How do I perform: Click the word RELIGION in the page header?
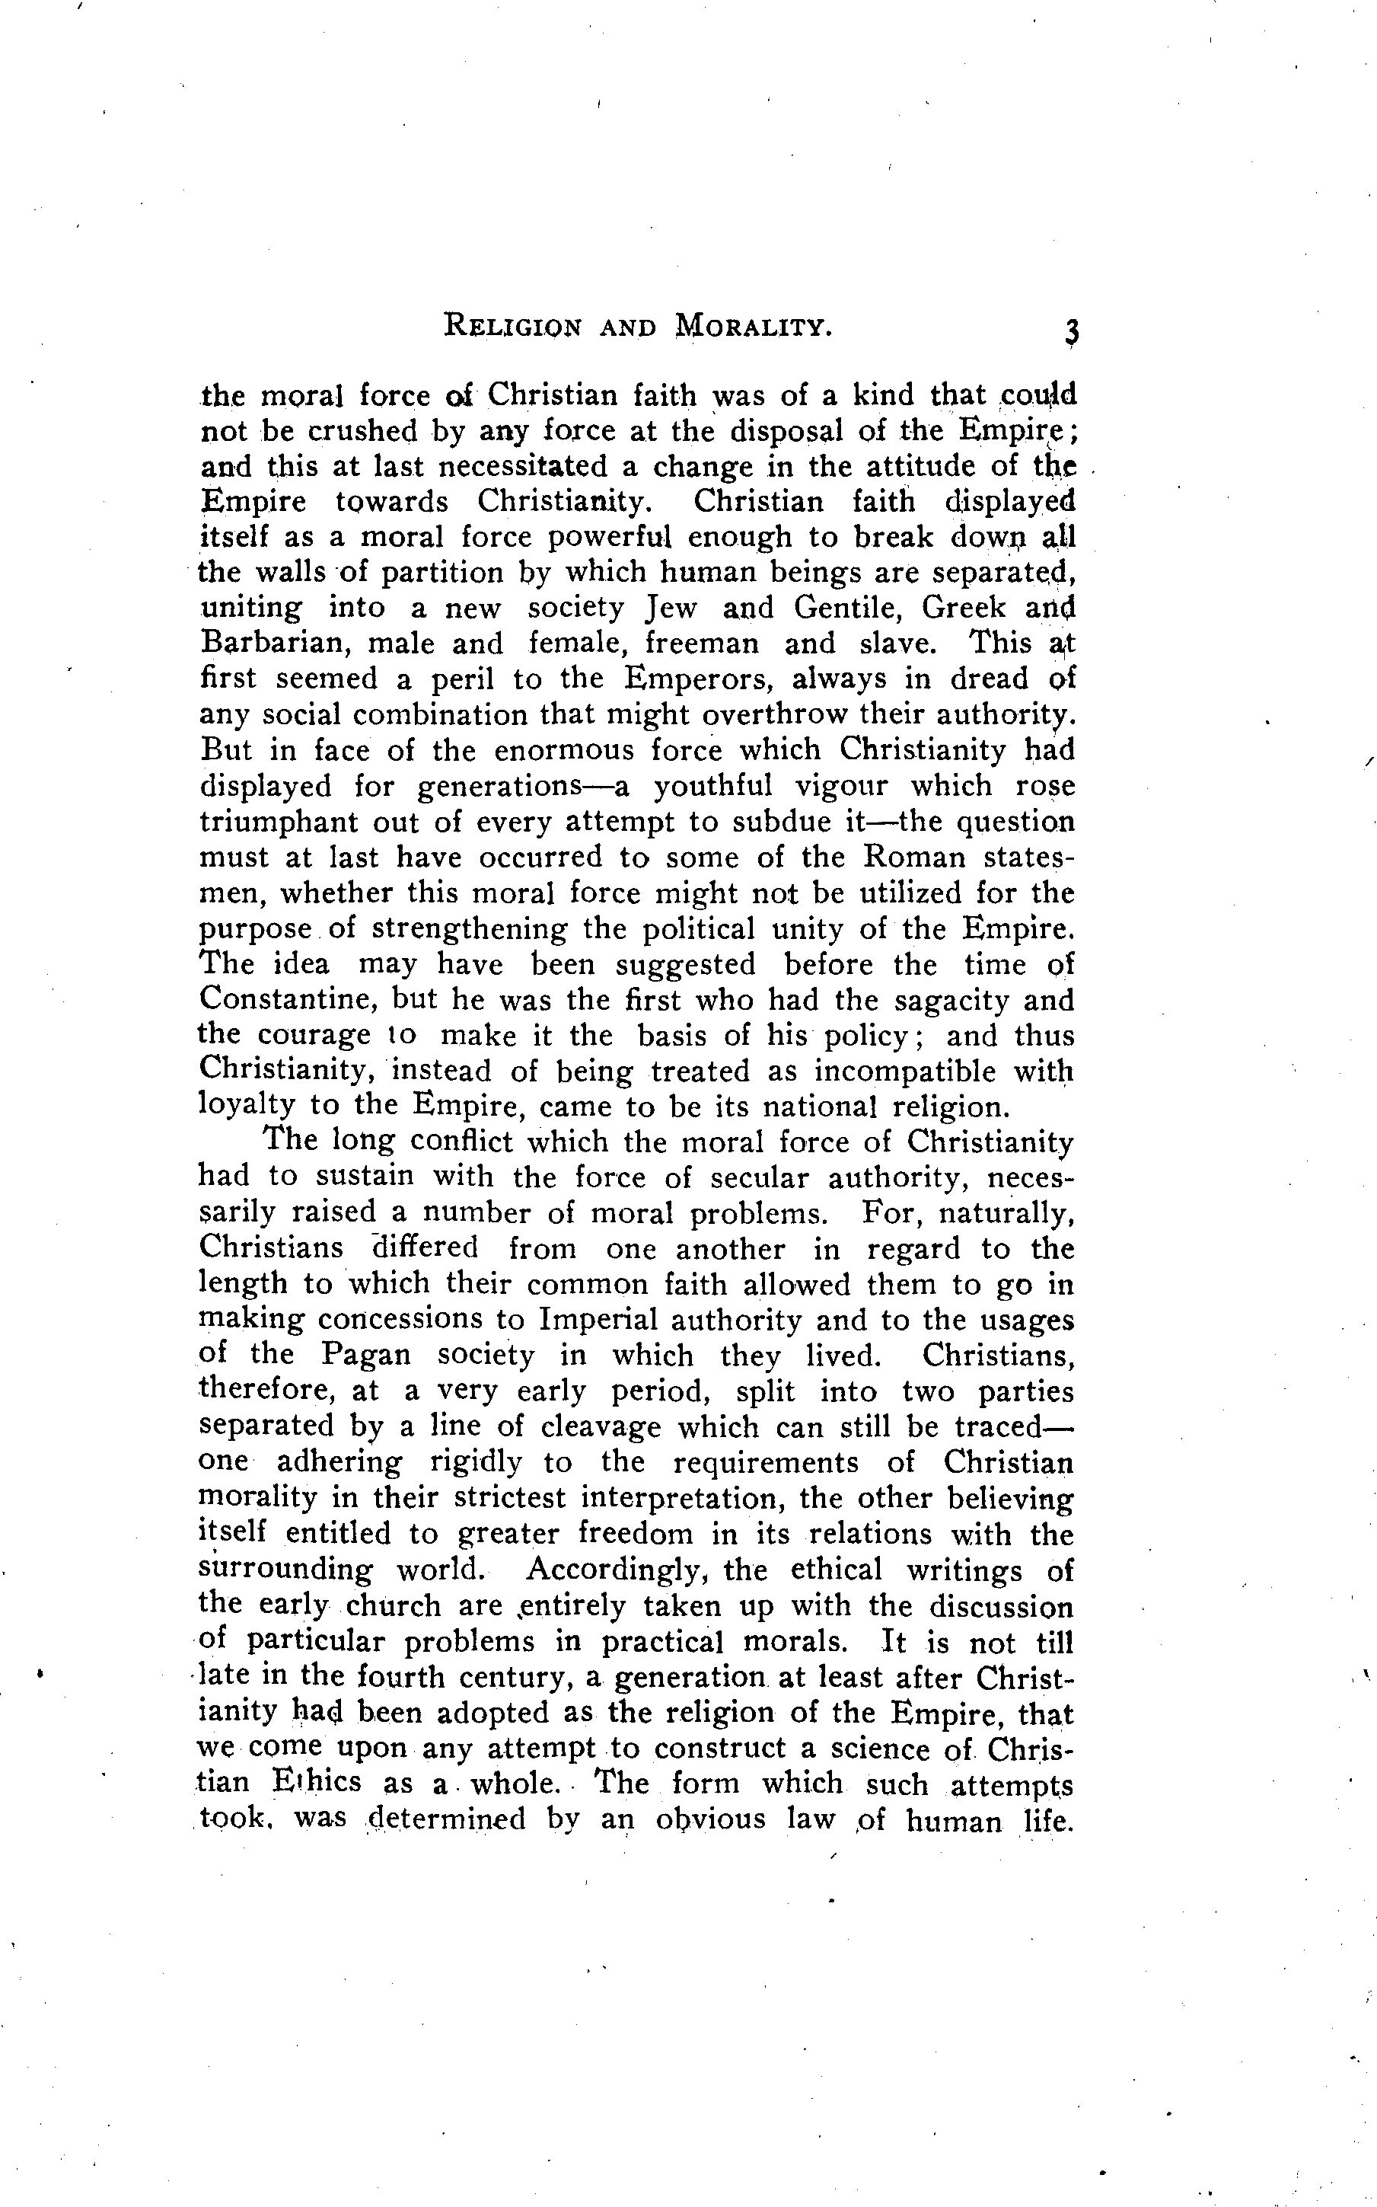tap(513, 326)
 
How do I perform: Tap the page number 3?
tap(1070, 331)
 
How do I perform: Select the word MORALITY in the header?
tap(754, 326)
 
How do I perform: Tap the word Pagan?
tap(366, 1355)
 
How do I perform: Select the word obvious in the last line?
tap(709, 1819)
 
